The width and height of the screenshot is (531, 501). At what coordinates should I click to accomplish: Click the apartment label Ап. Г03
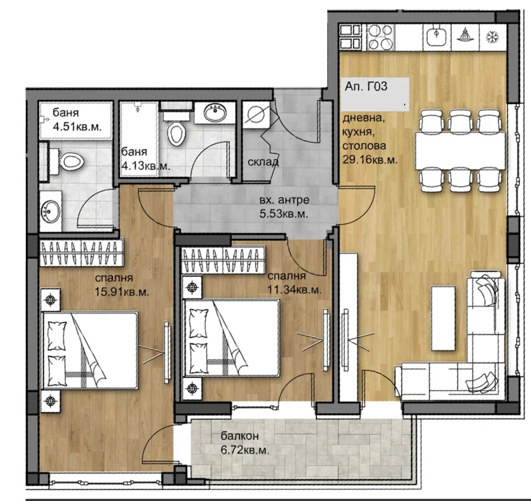coord(366,86)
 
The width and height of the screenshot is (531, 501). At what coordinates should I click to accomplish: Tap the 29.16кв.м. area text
coord(370,159)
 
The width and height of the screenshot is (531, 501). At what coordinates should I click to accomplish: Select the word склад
coord(263,162)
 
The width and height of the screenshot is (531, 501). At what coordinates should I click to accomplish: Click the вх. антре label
coord(284,200)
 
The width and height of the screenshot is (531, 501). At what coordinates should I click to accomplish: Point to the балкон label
coord(240,436)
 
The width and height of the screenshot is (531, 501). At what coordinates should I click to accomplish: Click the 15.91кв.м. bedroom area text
coord(121,292)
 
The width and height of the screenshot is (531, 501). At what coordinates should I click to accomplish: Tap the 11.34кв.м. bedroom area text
coord(294,290)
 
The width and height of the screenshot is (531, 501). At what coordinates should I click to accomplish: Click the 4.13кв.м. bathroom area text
coord(146,166)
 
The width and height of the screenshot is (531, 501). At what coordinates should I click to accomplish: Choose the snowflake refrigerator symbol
coord(492,37)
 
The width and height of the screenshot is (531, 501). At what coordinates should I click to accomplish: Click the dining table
coord(460,151)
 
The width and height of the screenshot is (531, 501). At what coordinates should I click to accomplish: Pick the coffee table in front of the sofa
coord(443,318)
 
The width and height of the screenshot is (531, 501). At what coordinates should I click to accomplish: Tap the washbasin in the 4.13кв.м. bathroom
coord(215,112)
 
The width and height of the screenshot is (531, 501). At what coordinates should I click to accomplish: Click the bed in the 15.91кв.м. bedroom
coord(90,351)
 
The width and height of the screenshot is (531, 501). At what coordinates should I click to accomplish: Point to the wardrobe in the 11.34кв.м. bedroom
coord(223,260)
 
